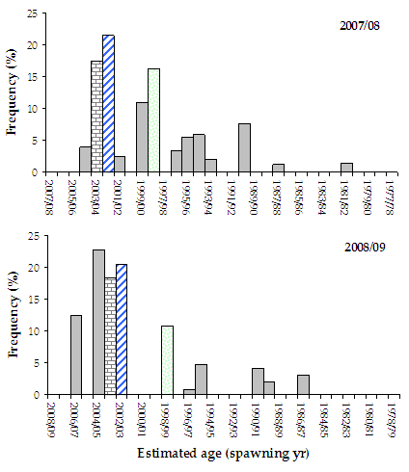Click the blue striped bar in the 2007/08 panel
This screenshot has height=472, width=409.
(108, 104)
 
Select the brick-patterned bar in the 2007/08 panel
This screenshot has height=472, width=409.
(96, 117)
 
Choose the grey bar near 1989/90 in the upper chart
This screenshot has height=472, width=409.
(244, 148)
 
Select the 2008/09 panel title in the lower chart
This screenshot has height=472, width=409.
(364, 247)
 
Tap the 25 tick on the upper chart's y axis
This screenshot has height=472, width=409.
(34, 13)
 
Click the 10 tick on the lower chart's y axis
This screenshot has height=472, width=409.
(34, 331)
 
